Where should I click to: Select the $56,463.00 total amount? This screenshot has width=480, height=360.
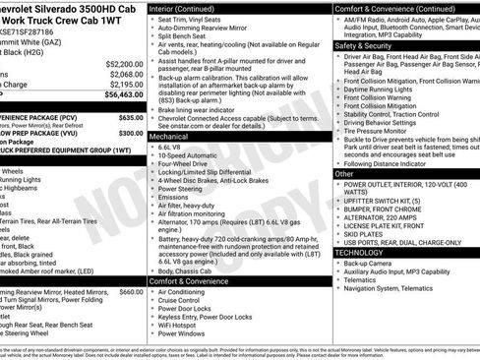click(123, 95)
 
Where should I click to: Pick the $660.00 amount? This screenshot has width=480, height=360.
click(131, 292)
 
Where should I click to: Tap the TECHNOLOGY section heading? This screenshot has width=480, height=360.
click(360, 253)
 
